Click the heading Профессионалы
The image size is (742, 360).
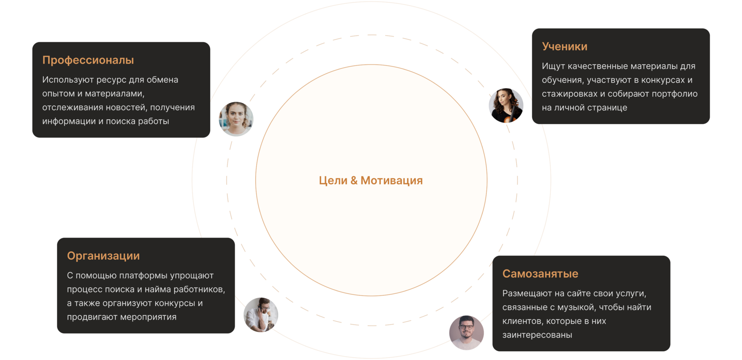pyautogui.click(x=88, y=60)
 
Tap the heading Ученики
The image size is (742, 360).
pyautogui.click(x=564, y=46)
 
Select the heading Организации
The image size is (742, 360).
pyautogui.click(x=103, y=256)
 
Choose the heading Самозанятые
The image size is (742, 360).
pyautogui.click(x=540, y=274)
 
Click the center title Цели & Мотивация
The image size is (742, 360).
pyautogui.click(x=371, y=180)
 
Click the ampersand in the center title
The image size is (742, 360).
pyautogui.click(x=354, y=180)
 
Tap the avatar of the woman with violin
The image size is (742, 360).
pyautogui.click(x=506, y=106)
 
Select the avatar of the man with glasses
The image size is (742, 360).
pyautogui.click(x=466, y=333)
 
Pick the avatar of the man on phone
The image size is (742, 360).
pyautogui.click(x=261, y=315)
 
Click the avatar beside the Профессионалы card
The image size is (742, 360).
pyautogui.click(x=236, y=119)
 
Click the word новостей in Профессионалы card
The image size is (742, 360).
pyautogui.click(x=127, y=107)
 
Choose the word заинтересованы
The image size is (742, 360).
pyautogui.click(x=537, y=335)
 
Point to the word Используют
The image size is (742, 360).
pyautogui.click(x=68, y=80)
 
